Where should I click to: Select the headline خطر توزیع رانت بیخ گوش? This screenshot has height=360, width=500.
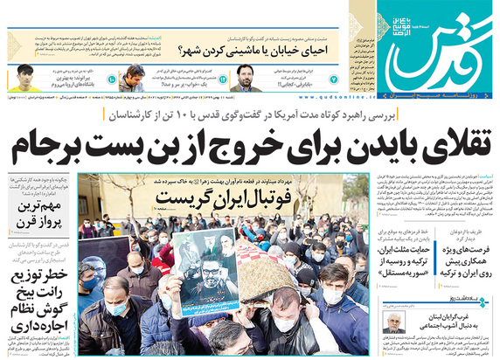[40, 301]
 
